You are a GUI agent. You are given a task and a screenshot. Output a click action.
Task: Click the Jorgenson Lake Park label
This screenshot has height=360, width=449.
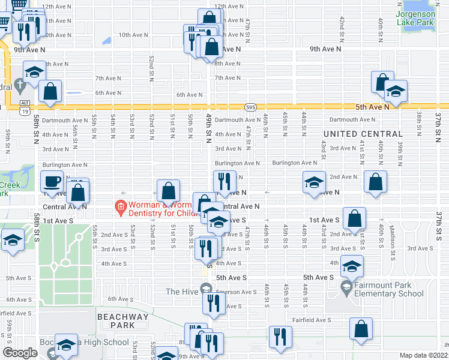415,17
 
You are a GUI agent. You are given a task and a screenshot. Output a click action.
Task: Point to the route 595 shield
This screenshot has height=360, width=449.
251,107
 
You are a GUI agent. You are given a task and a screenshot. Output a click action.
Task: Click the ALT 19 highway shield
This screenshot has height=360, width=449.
24,107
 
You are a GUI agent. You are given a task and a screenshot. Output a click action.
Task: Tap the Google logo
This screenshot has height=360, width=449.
20,353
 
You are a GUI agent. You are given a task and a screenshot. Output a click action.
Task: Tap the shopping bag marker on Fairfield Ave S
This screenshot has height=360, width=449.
360,329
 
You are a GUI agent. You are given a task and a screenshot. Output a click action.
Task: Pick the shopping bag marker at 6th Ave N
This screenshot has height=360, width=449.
50,91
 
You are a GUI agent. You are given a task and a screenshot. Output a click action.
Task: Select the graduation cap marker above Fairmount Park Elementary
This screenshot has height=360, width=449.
352,265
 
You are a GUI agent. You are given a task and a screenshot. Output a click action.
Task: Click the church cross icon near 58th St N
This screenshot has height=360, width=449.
20,85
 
